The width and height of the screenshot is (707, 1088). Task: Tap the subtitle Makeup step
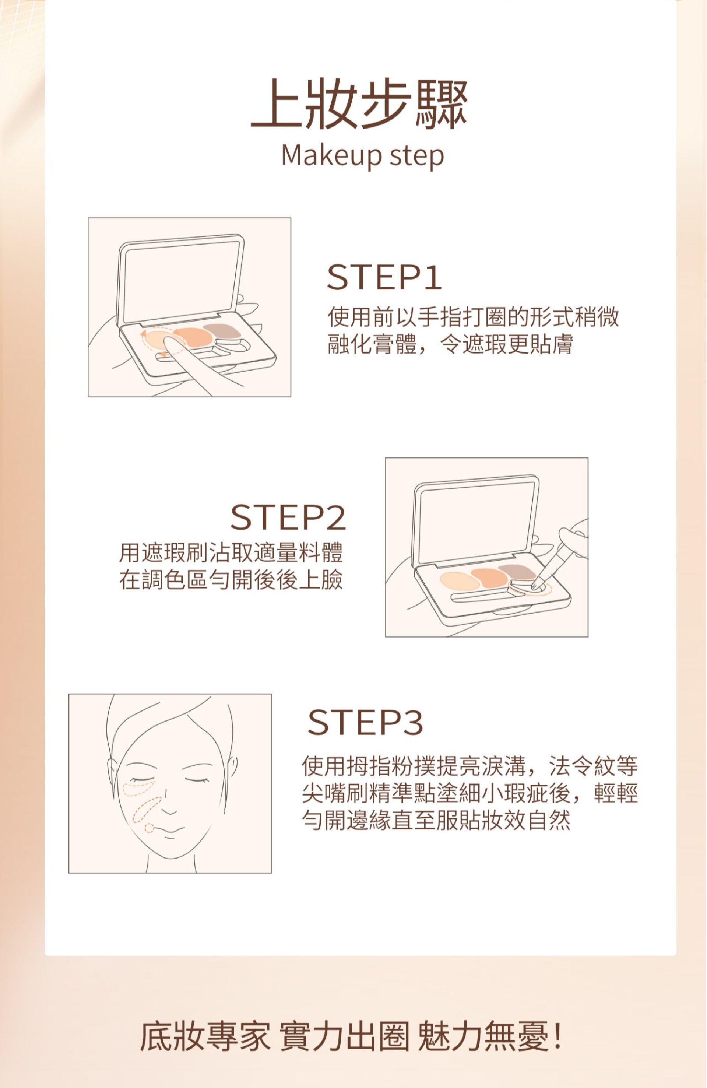(362, 156)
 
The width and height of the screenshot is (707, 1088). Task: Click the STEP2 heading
(288, 517)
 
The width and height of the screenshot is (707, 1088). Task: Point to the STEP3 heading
(366, 722)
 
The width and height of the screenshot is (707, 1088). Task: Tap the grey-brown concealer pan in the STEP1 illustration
(222, 330)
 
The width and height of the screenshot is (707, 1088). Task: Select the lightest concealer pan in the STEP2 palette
(460, 580)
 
